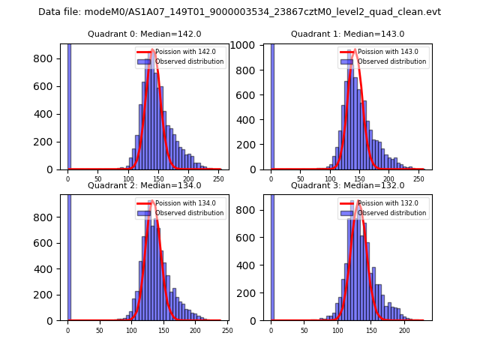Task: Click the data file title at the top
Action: (x=239, y=12)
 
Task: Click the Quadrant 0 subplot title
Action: (x=144, y=34)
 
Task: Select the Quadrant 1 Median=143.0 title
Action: (x=347, y=34)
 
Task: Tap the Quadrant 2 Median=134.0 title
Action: (x=144, y=185)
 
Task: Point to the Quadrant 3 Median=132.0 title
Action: (x=347, y=185)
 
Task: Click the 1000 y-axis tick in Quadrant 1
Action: (x=250, y=44)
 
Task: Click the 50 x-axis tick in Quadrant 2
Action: (x=100, y=330)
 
